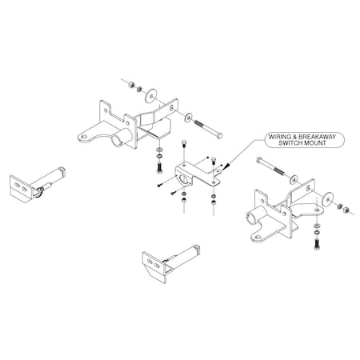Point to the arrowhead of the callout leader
(x=227, y=167)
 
